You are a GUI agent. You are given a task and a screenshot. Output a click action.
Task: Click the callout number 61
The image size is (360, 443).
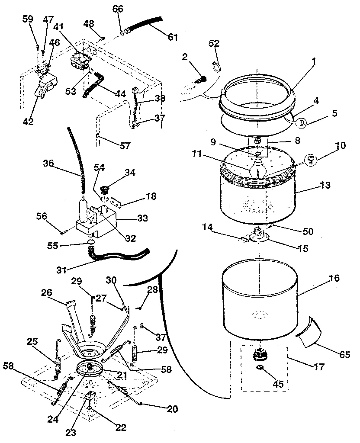tap(173, 37)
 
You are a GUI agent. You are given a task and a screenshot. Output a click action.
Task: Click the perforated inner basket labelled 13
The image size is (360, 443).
tap(259, 199)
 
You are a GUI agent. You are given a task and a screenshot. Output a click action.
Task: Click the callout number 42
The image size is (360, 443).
tap(28, 122)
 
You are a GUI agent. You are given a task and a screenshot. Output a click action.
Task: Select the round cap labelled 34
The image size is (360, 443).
tap(105, 189)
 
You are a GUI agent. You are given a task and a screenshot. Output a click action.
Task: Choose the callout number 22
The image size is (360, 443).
tap(120, 427)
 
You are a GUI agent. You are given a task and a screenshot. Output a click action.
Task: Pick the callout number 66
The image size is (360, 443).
tap(117, 9)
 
